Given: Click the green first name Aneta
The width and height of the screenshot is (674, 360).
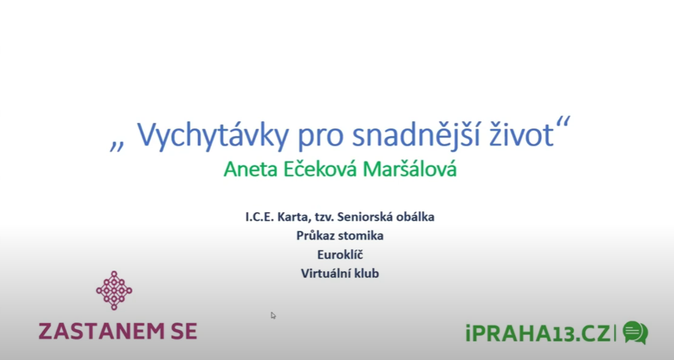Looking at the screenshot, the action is click(x=251, y=170).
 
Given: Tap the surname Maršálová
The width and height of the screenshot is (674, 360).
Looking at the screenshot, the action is click(x=409, y=169).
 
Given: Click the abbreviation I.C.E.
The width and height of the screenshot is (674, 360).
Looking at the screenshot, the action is click(x=260, y=217).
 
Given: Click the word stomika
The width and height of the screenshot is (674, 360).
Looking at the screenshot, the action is click(x=361, y=236).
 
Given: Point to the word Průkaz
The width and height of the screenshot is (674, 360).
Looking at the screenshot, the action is click(x=316, y=236).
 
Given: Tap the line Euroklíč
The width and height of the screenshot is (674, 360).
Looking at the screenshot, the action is click(x=340, y=254).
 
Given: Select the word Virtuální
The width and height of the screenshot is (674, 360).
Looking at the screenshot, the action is click(x=326, y=274).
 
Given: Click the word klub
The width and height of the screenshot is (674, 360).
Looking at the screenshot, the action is click(x=367, y=274).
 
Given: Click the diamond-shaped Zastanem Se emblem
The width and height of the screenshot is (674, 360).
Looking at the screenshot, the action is click(x=114, y=290).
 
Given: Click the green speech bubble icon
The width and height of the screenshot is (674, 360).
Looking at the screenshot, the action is click(x=635, y=332).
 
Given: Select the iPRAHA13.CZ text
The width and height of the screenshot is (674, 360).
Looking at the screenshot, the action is click(x=538, y=334).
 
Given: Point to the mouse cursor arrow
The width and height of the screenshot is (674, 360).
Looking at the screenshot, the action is click(x=273, y=316).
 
